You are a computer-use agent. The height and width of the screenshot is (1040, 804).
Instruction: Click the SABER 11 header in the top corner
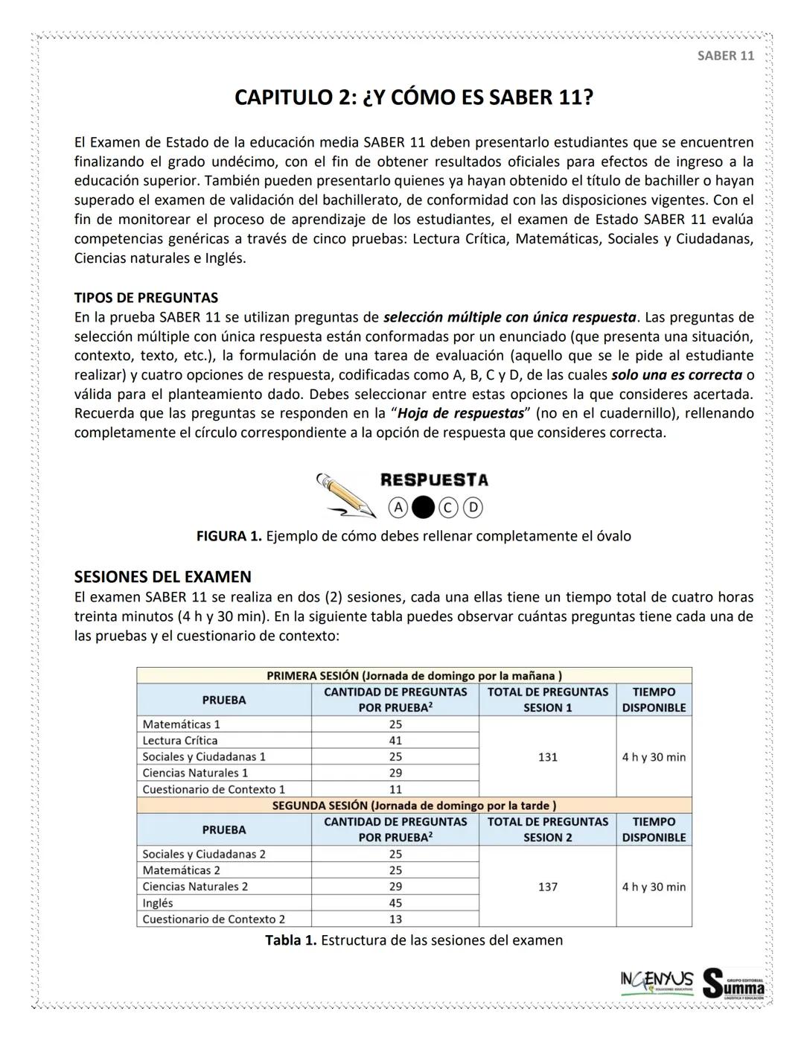tap(725, 56)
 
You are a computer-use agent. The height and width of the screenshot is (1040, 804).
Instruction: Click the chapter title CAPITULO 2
tap(414, 98)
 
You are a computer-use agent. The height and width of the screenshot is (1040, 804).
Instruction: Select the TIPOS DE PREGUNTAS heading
tap(146, 298)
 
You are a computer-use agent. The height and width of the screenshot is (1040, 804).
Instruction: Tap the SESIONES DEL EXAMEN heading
tap(162, 576)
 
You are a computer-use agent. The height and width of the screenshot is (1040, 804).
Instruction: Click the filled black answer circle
tap(422, 508)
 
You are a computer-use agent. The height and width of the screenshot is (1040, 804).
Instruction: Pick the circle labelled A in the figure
tap(398, 508)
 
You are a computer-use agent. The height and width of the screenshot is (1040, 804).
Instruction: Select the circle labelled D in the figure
tap(473, 508)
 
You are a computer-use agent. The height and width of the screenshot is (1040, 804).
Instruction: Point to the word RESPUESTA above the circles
tap(434, 480)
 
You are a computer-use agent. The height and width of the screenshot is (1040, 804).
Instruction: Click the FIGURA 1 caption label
tap(229, 536)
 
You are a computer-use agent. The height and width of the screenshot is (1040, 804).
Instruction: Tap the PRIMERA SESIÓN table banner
tap(414, 675)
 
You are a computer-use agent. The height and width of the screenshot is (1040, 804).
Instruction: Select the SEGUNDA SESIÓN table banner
tap(414, 805)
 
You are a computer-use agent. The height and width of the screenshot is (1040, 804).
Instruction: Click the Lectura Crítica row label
tap(180, 741)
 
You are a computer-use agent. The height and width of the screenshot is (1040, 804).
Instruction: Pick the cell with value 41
tap(395, 741)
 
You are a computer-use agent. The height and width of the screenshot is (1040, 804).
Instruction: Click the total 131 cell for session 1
tap(547, 757)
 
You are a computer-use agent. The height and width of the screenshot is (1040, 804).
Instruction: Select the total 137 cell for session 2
tap(547, 887)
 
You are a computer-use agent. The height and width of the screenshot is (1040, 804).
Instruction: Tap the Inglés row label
tap(158, 903)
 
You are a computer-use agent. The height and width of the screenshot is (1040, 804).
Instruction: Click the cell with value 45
tap(395, 903)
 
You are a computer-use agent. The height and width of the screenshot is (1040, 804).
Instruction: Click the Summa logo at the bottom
tap(733, 983)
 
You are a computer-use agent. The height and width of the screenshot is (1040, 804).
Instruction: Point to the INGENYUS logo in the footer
tap(657, 981)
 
